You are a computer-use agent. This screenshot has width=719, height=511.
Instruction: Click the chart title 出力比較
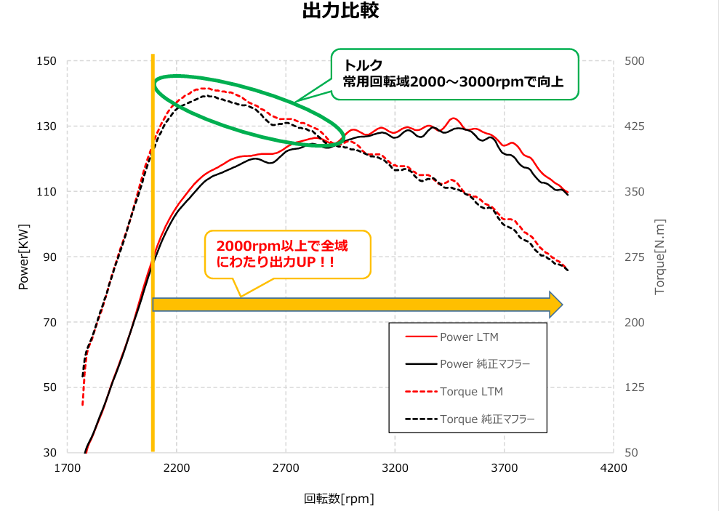(340, 12)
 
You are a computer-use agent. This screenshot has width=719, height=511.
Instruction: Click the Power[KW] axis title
(23, 257)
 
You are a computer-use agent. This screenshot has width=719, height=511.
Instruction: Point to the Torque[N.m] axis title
(660, 257)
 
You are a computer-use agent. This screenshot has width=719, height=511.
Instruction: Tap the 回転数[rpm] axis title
(339, 499)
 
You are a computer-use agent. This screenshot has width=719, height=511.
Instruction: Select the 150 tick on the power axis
(47, 61)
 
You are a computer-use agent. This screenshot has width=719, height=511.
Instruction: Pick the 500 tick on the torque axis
(635, 61)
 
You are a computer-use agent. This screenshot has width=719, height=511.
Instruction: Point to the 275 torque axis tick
(635, 257)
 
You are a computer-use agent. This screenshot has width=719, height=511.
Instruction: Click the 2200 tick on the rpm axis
(177, 468)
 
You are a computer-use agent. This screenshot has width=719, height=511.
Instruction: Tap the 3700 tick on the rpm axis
(505, 468)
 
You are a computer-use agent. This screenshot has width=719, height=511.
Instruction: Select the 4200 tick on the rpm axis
(614, 468)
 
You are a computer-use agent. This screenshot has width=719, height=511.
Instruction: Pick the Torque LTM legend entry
(471, 392)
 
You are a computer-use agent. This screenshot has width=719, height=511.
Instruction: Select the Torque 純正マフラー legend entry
(487, 419)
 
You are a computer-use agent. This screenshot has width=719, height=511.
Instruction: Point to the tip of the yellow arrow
(561, 305)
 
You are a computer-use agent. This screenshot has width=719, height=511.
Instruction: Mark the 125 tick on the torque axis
(635, 387)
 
